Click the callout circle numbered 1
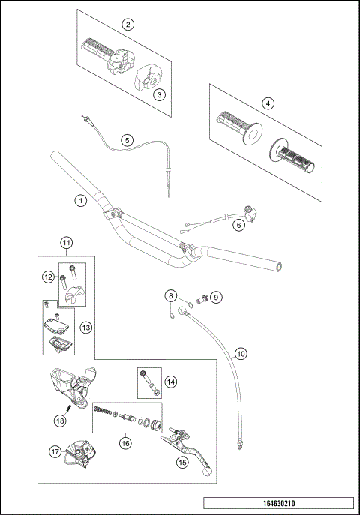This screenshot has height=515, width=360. coord(79,200)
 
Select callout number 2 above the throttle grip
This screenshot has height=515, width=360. coord(128,25)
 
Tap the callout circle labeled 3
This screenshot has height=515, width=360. coord(158,94)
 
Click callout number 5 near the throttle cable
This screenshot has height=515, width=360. coord(127,139)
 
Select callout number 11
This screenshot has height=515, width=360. coord(67,242)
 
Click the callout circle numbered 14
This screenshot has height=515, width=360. coord(171,382)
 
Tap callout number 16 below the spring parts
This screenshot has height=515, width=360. coord(125,443)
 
